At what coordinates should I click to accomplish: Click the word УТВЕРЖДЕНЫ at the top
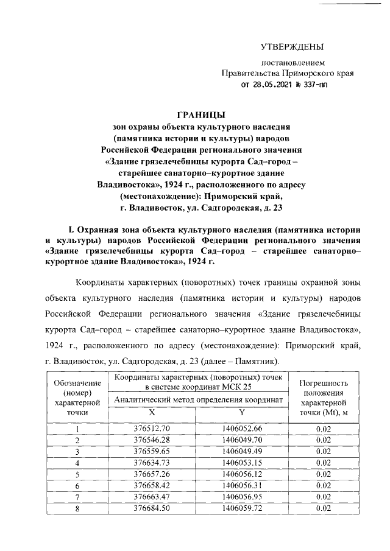click(292, 47)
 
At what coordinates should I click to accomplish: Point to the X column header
click(151, 413)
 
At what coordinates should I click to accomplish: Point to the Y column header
click(242, 413)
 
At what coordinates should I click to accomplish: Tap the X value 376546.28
click(151, 440)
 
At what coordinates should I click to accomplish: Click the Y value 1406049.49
click(242, 451)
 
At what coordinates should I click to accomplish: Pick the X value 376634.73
click(151, 463)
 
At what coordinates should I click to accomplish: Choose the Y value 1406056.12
click(242, 474)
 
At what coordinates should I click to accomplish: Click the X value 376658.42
click(151, 485)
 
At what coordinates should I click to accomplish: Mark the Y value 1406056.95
click(242, 497)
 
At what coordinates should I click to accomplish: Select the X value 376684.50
click(151, 508)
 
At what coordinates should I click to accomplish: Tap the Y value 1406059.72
click(242, 508)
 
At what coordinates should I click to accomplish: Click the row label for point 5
click(77, 474)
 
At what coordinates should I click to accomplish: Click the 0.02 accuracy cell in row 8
click(323, 508)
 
